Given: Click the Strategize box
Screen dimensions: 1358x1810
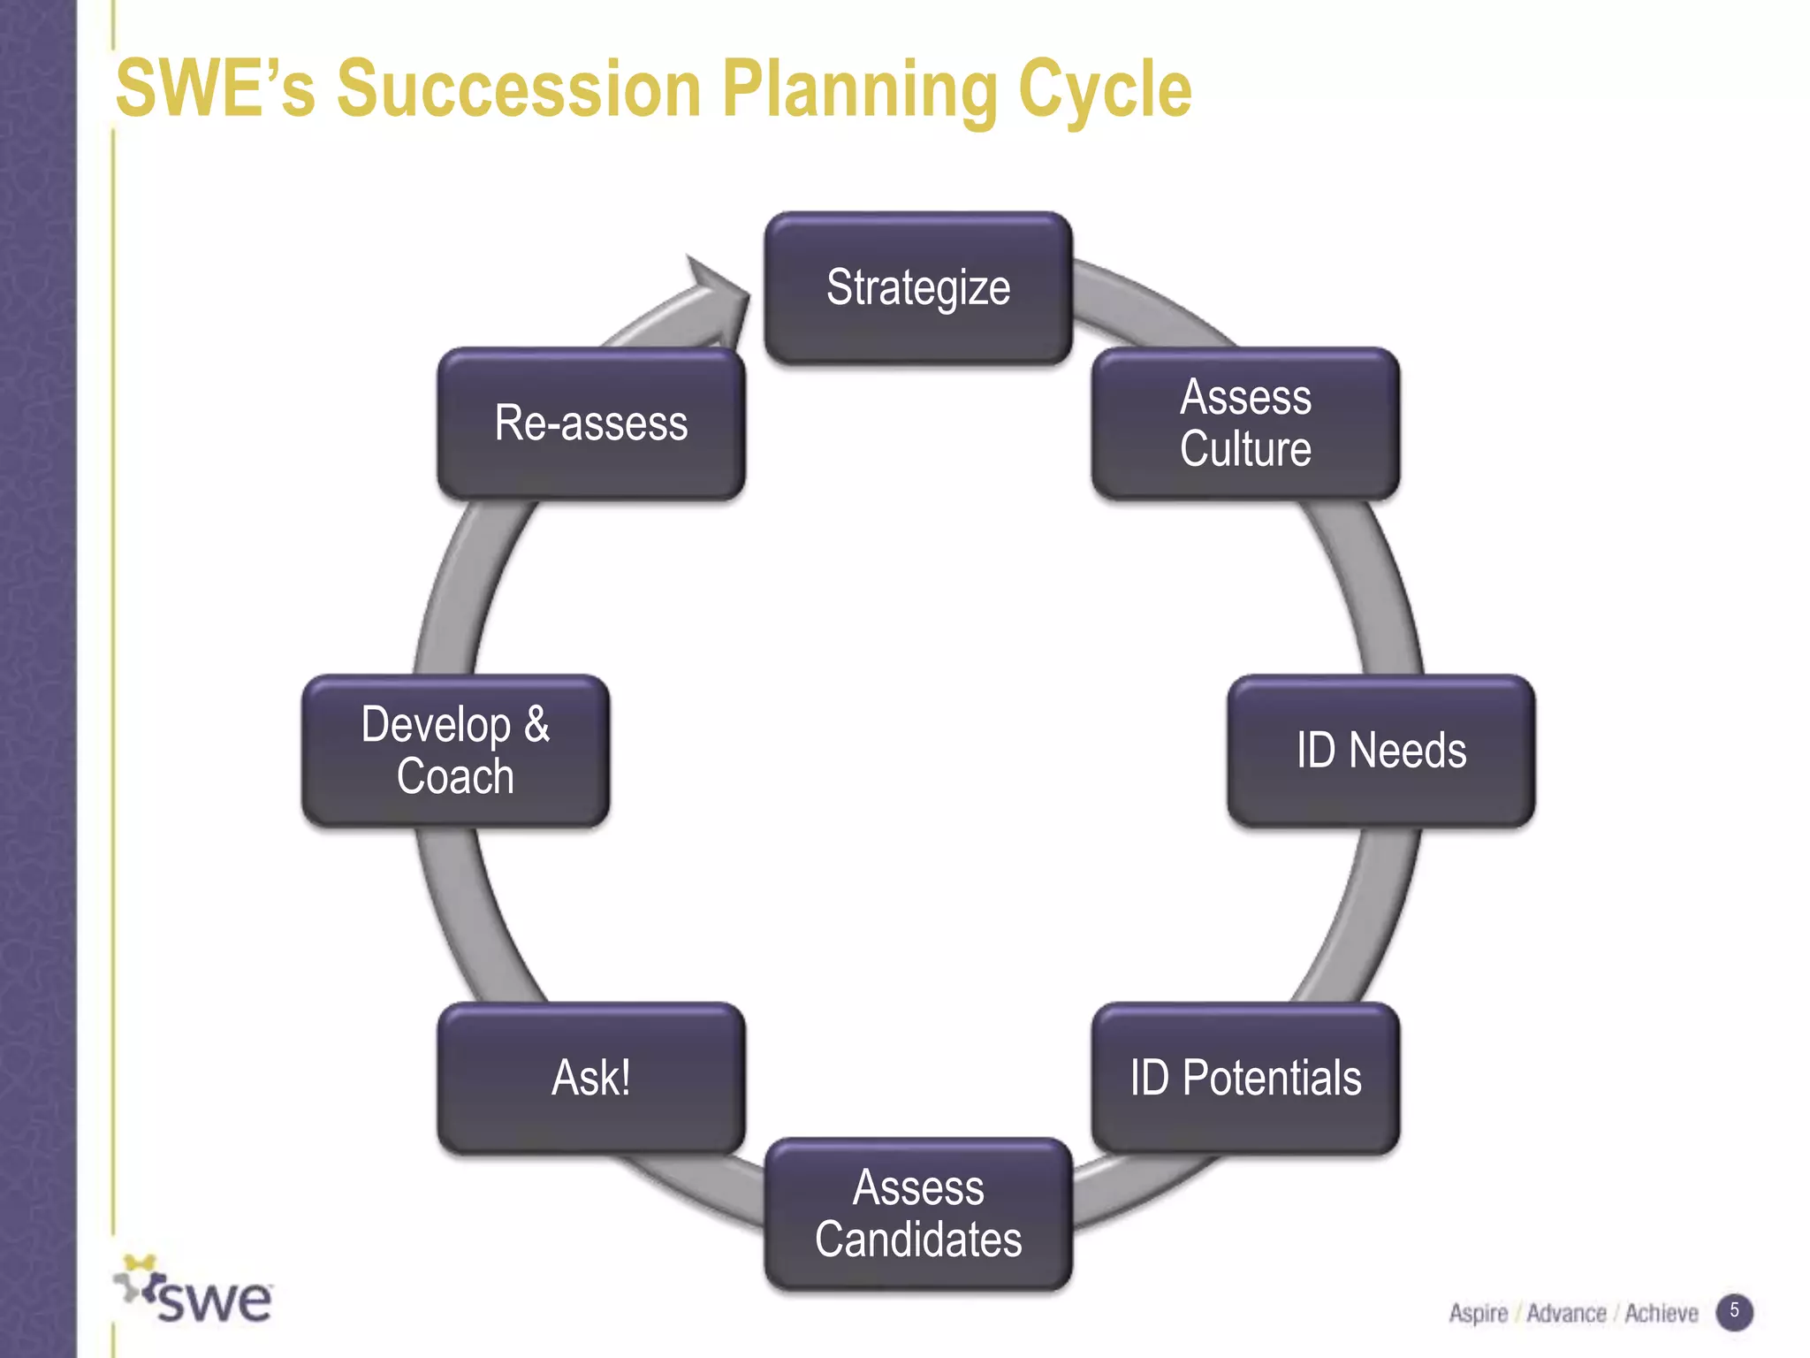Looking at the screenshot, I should coord(918,288).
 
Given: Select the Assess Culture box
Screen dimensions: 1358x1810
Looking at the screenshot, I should coord(1245,423).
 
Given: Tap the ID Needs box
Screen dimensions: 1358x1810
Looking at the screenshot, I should coord(1380,751).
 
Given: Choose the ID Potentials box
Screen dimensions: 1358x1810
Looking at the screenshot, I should coord(1245,1078).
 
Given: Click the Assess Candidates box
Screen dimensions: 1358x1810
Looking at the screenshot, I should coord(918,1213).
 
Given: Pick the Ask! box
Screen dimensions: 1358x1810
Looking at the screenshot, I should coord(591,1078).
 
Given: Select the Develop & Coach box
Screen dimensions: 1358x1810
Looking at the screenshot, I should coord(455,751).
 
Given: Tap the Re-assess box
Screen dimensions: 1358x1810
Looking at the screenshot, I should coord(591,423).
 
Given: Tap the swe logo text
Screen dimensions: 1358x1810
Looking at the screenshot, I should coord(214,1300).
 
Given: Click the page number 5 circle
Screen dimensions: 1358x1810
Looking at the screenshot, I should coord(1734,1311).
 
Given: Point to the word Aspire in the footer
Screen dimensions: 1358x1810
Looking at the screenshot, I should coord(1478,1314).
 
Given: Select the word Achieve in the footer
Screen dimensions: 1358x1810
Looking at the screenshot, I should coord(1661,1314).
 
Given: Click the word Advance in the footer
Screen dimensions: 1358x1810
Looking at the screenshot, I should coord(1566,1314).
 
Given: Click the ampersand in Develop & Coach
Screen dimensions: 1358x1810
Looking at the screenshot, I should coord(536,725).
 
